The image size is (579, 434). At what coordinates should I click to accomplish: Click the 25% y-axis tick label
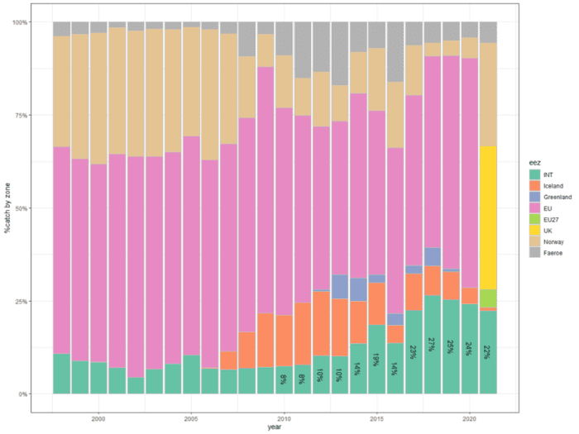[18, 301]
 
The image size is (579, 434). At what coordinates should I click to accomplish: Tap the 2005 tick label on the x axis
[191, 418]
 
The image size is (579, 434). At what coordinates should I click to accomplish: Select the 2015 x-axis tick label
[376, 418]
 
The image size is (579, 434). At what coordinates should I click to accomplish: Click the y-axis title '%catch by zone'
[7, 207]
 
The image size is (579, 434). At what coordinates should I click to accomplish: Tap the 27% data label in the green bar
[432, 344]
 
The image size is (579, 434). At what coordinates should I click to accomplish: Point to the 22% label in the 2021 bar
[487, 352]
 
